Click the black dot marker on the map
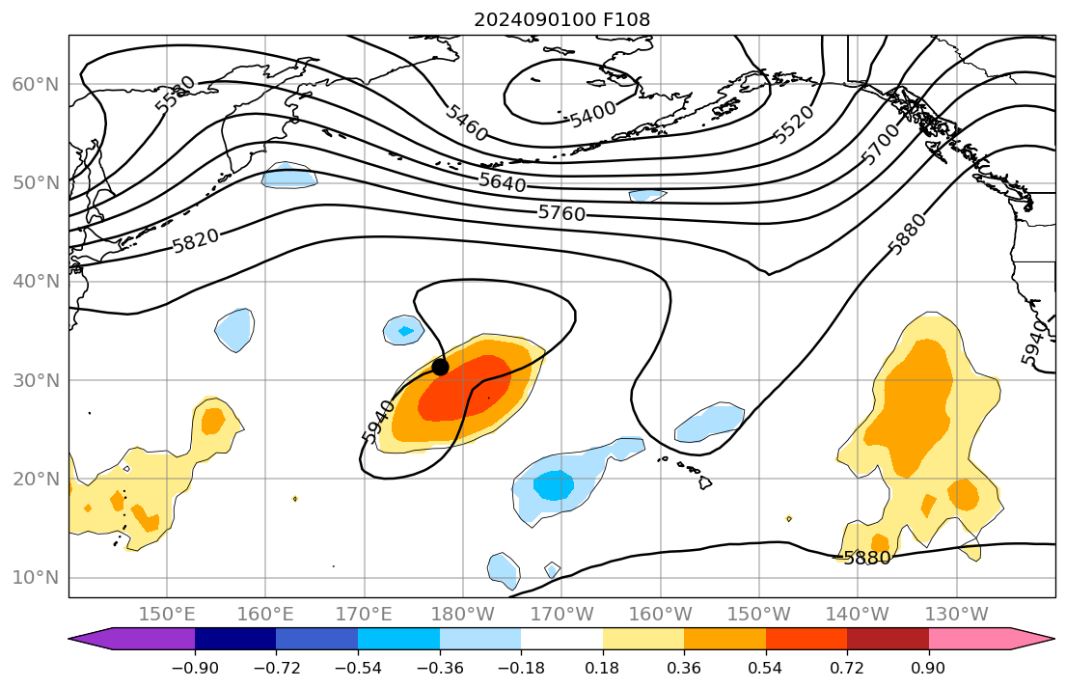(x=440, y=367)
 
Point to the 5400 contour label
(x=592, y=115)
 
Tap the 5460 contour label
(x=466, y=122)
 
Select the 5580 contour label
(x=176, y=94)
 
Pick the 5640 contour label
(x=503, y=181)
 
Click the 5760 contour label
(x=561, y=212)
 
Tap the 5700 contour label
(x=880, y=145)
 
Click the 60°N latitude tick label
(x=36, y=85)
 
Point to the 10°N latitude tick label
(x=36, y=578)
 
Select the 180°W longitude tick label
(x=463, y=614)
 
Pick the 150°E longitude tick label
(x=168, y=614)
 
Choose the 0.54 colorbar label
(x=765, y=668)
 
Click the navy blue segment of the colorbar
(x=235, y=639)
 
